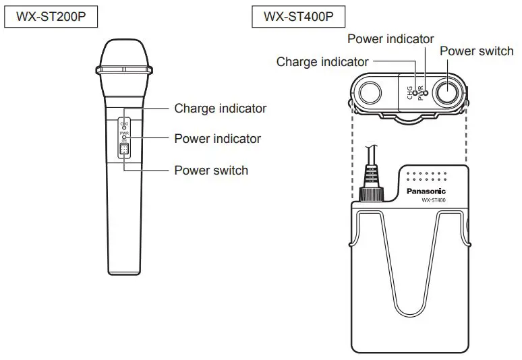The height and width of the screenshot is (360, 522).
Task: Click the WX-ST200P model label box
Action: (x=51, y=17)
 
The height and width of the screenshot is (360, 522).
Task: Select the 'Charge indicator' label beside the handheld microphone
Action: (x=220, y=108)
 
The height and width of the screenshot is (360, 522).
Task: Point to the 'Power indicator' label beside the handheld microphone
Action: (x=217, y=139)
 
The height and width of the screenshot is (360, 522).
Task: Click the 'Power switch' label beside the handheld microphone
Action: (x=211, y=170)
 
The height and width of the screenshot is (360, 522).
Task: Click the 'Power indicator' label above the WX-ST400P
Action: (x=390, y=39)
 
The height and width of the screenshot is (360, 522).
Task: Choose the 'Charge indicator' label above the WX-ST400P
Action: (x=322, y=62)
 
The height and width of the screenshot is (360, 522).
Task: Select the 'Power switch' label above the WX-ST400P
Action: (x=476, y=51)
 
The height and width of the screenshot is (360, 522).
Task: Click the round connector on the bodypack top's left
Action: (x=370, y=92)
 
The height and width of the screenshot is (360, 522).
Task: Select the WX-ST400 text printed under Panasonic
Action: (x=434, y=200)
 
